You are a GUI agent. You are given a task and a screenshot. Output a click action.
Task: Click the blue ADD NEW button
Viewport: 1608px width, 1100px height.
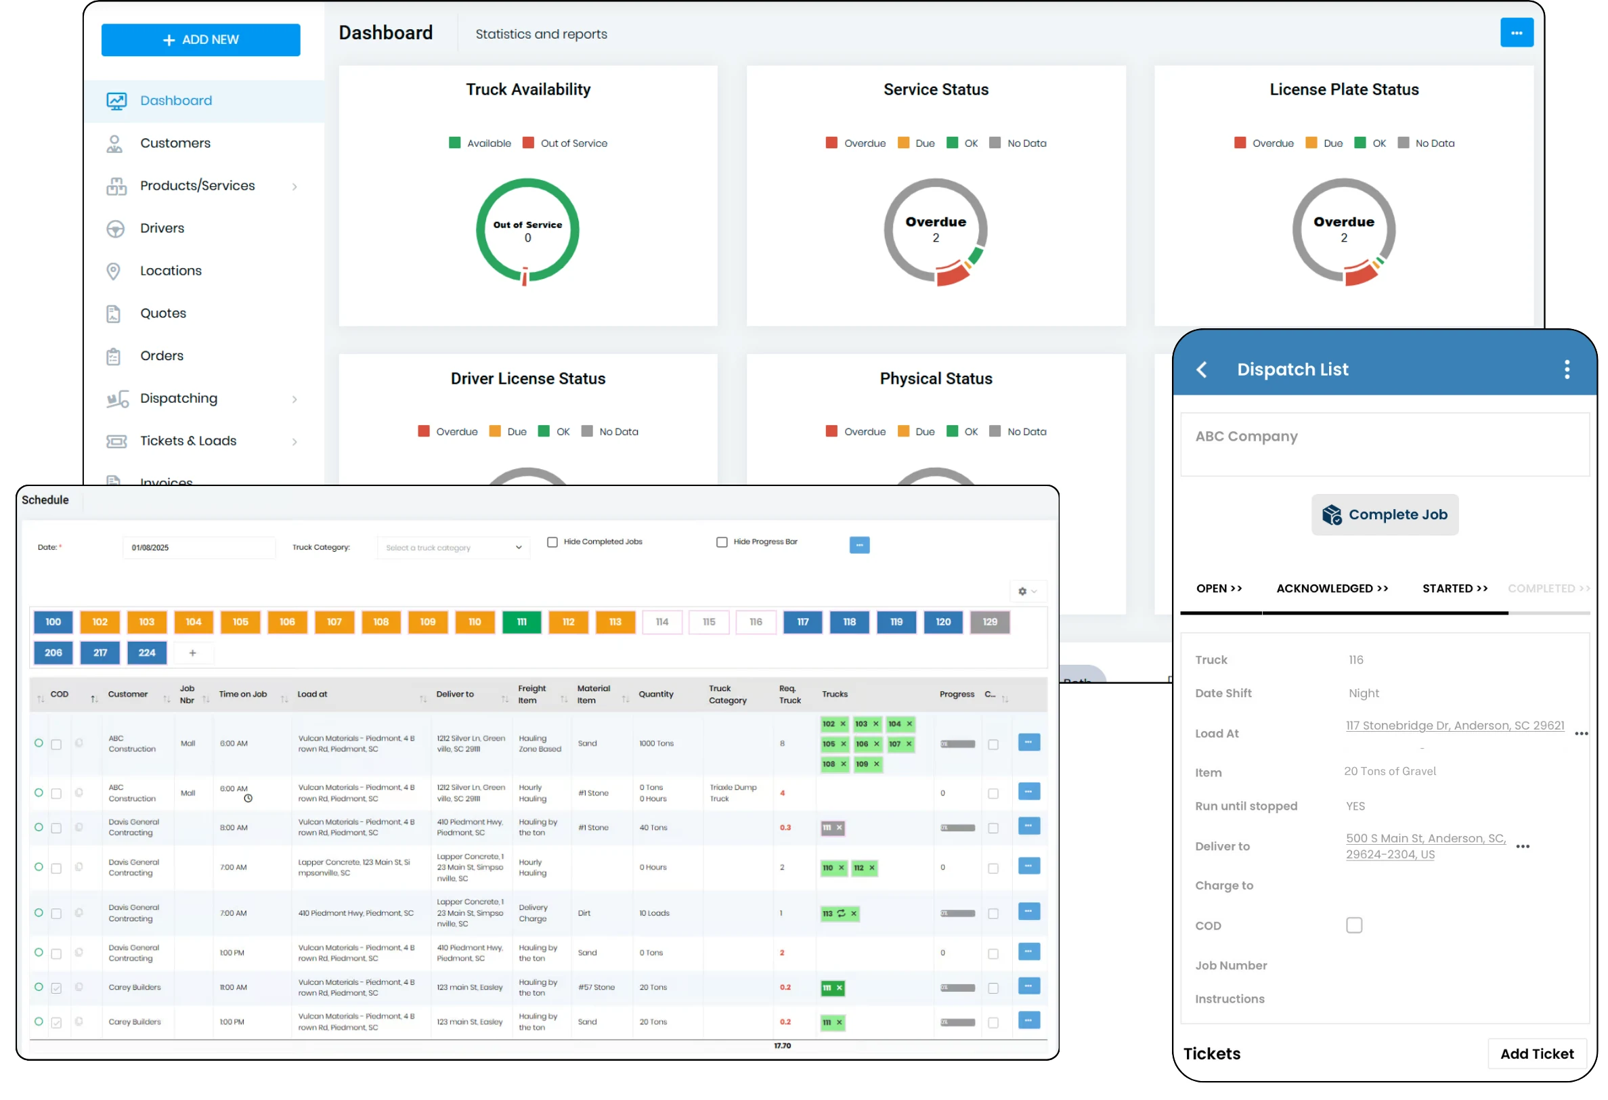click(200, 40)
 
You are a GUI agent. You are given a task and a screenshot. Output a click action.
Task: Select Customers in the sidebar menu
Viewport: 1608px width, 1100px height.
click(175, 144)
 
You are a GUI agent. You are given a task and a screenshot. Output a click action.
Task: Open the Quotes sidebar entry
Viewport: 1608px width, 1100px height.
click(163, 313)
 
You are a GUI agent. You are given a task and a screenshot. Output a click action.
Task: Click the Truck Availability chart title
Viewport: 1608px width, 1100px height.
click(528, 89)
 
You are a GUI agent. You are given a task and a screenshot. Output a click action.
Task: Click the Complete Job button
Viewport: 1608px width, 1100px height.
click(1385, 514)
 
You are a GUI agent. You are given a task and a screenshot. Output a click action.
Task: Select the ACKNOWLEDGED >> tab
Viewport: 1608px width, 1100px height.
click(1332, 589)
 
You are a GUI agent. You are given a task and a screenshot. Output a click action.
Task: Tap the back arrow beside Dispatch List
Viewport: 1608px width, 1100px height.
click(1202, 370)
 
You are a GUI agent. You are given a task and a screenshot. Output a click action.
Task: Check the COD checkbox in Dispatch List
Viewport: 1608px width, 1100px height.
click(1354, 925)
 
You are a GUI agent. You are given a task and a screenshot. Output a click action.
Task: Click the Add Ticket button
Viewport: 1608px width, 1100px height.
click(1536, 1055)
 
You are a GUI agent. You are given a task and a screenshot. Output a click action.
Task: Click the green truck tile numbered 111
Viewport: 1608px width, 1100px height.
click(522, 622)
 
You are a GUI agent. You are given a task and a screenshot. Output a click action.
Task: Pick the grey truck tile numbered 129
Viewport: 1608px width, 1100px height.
click(989, 622)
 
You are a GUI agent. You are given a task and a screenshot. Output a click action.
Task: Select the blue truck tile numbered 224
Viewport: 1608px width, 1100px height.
click(147, 653)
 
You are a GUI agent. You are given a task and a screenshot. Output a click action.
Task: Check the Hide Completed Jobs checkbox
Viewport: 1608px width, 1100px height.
click(552, 542)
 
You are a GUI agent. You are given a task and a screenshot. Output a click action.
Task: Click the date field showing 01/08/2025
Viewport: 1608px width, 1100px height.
click(198, 548)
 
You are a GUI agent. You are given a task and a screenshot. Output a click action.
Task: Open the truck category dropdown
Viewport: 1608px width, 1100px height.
click(453, 548)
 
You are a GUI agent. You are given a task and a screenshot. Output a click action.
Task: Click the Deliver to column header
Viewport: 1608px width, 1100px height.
click(455, 695)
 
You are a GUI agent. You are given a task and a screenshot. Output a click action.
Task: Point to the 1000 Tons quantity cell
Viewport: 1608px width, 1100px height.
click(656, 744)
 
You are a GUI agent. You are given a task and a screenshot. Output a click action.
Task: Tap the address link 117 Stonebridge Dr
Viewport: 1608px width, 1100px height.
click(1454, 726)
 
